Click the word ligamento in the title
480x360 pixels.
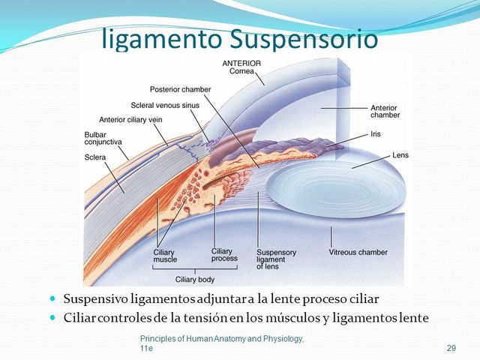tap(154, 38)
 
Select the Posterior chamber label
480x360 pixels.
tap(180, 88)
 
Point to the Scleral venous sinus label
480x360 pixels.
tap(165, 105)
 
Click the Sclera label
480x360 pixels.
tap(94, 157)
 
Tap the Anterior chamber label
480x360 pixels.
tap(384, 112)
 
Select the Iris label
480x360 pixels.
tap(376, 134)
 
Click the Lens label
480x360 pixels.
tap(400, 155)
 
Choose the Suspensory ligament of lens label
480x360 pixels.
tap(277, 259)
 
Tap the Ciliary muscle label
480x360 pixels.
tap(165, 256)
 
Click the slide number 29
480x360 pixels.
tap(451, 348)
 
